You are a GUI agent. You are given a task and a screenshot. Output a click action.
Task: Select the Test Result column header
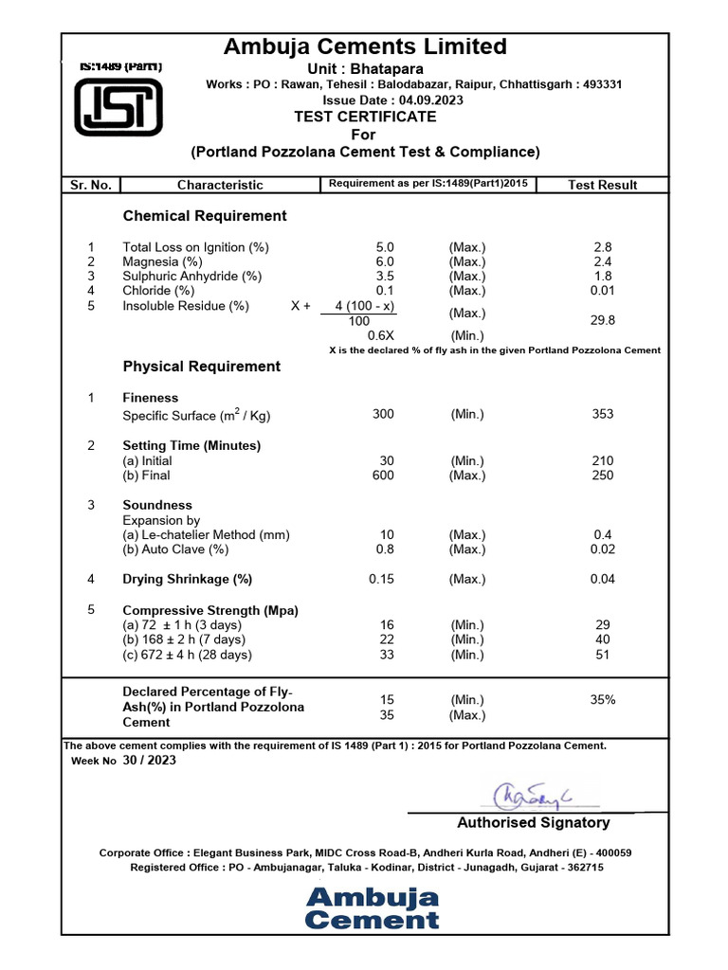coord(602,185)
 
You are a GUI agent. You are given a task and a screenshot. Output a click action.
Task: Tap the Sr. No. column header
coord(91,185)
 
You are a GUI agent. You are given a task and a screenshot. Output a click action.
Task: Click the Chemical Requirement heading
coord(205,216)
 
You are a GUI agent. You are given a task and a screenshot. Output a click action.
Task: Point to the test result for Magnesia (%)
coord(602,261)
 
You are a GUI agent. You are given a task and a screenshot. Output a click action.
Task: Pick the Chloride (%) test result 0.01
coord(602,291)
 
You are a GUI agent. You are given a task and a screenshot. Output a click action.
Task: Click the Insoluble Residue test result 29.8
coord(602,321)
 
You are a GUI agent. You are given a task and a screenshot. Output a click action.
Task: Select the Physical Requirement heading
coord(202,367)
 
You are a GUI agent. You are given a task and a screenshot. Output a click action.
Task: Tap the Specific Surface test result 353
coord(602,414)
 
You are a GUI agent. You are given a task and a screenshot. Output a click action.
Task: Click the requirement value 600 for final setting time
coord(383,476)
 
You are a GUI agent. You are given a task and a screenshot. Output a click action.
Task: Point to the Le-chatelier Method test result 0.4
coord(602,535)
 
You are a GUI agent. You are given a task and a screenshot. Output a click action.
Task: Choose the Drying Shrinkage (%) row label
coord(188,579)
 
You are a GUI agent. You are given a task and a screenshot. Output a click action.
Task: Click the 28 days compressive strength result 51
coord(602,655)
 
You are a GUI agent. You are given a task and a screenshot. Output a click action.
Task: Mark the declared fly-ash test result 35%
coord(602,700)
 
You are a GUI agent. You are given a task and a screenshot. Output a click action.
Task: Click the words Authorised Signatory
coord(534,822)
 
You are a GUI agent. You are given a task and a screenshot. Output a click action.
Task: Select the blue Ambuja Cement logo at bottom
coord(373,907)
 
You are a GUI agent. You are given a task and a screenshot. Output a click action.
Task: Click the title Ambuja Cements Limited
coord(365,46)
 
